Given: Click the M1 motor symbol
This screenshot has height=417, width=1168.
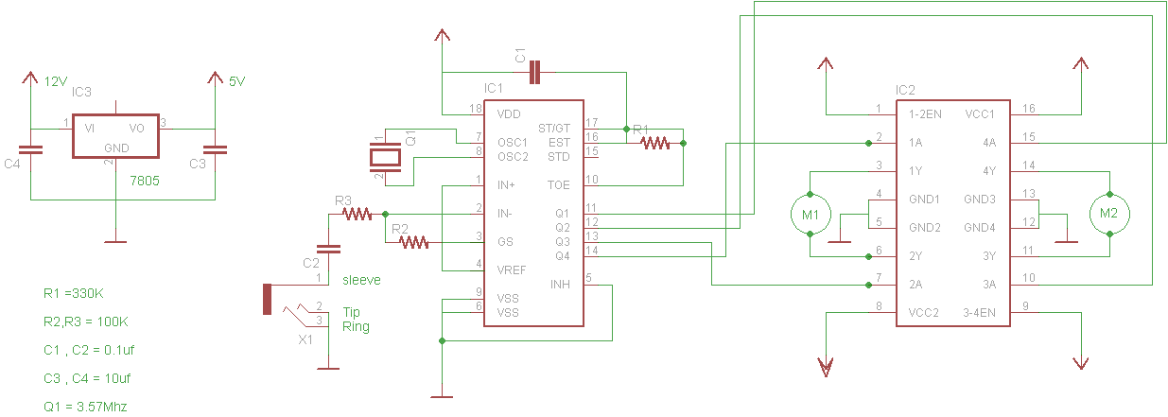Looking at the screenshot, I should pos(811,214).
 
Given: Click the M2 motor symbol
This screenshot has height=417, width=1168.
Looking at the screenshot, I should pos(1109,214).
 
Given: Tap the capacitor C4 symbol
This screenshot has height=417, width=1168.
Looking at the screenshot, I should pos(31,149).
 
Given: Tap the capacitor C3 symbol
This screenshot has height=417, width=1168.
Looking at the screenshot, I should pos(216,149).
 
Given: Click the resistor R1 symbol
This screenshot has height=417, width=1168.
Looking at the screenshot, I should pos(654,144).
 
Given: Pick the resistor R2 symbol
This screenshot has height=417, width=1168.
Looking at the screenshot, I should pos(414,243).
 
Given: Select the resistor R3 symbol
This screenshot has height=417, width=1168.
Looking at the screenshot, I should pos(357,215).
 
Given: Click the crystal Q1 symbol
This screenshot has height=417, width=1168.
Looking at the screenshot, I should pos(385,155).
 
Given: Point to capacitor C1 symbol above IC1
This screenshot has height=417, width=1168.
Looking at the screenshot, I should pos(535,71).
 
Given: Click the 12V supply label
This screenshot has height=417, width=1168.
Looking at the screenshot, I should pos(56,82).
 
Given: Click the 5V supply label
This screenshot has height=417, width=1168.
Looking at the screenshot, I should pos(236,82).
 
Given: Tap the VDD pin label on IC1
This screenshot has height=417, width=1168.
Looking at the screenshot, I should pos(509,113).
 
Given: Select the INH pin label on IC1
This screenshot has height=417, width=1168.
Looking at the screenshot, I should pos(560,285).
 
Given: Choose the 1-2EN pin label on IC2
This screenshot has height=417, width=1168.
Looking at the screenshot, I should pos(924,113).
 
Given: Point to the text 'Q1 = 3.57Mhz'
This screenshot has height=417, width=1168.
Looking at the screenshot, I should pos(85,407).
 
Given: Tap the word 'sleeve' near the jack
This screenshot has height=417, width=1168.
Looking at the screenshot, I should pos(361,280).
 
